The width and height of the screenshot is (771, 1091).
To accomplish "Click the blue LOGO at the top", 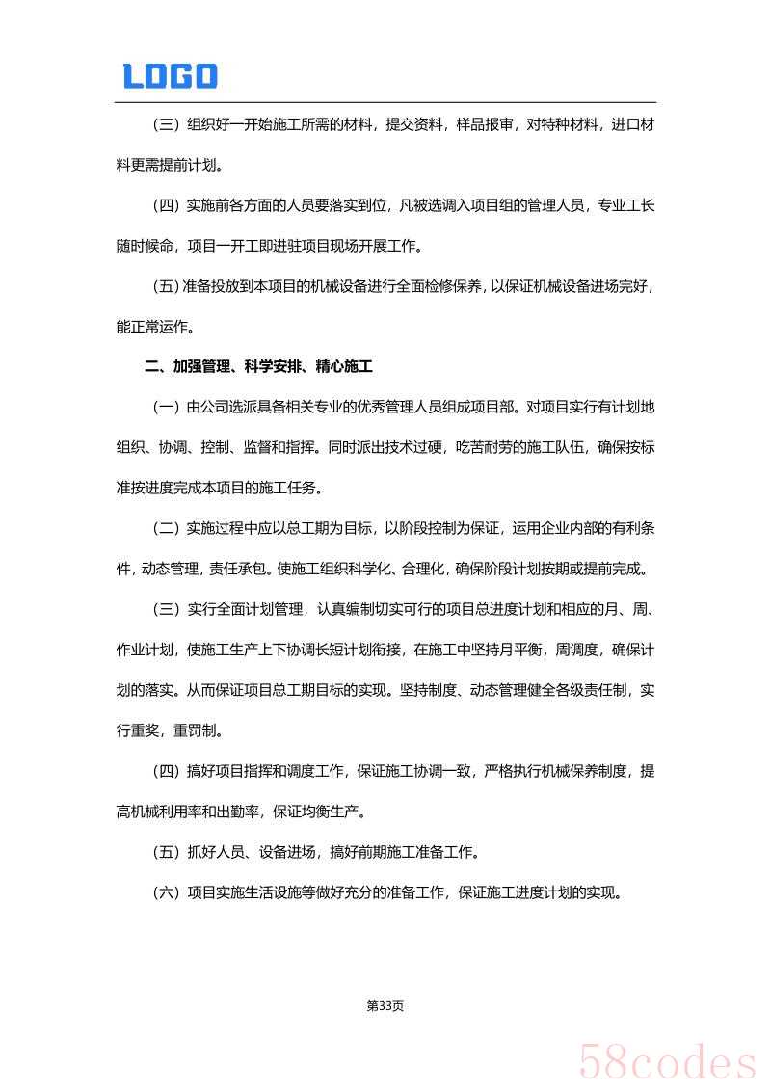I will tap(171, 76).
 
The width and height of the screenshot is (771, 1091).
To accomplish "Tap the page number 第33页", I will tap(385, 1005).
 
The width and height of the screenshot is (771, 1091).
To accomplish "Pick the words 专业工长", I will tap(626, 205).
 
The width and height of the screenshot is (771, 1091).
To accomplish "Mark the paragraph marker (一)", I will tap(166, 408).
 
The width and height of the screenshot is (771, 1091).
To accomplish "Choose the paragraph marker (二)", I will tap(166, 528).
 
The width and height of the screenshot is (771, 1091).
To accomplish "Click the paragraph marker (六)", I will tap(166, 892).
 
